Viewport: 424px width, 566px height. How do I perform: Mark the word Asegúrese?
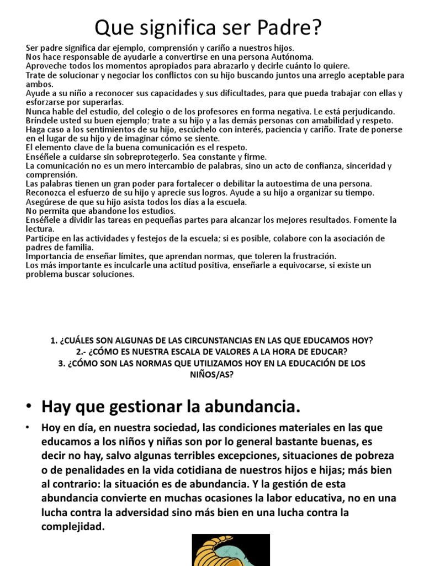(46, 202)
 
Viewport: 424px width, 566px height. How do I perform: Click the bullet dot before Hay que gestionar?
(28, 408)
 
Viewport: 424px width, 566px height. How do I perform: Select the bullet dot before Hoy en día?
(28, 428)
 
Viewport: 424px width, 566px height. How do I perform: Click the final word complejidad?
(73, 527)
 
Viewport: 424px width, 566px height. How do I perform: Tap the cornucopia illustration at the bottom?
(231, 549)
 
